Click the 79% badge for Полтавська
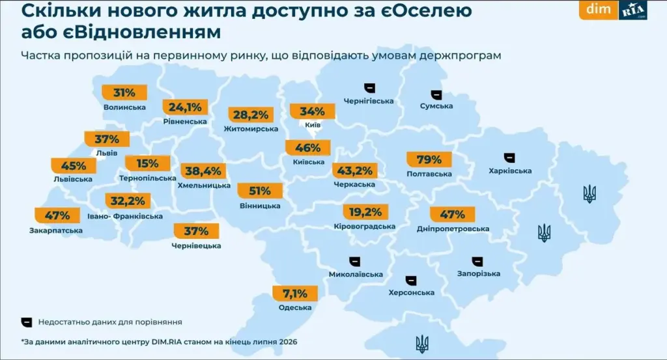pyautogui.click(x=429, y=159)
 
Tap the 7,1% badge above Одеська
pyautogui.click(x=295, y=293)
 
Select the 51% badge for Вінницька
pyautogui.click(x=259, y=191)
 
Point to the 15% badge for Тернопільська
pyautogui.click(x=147, y=163)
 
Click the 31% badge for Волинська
pyautogui.click(x=124, y=92)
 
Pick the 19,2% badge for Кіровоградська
pyautogui.click(x=365, y=212)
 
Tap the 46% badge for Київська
pyautogui.click(x=307, y=148)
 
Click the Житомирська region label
pyautogui.click(x=251, y=129)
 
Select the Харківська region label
pyautogui.click(x=510, y=171)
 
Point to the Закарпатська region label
pyautogui.click(x=56, y=231)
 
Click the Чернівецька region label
pyautogui.click(x=196, y=246)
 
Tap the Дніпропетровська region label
pyautogui.click(x=453, y=228)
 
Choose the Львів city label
pyautogui.click(x=106, y=153)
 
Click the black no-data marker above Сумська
pyautogui.click(x=436, y=95)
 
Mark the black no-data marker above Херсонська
pyautogui.click(x=410, y=281)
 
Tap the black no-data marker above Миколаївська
pyautogui.click(x=354, y=262)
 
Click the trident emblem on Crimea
pyautogui.click(x=422, y=344)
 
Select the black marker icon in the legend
pyautogui.click(x=27, y=322)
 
